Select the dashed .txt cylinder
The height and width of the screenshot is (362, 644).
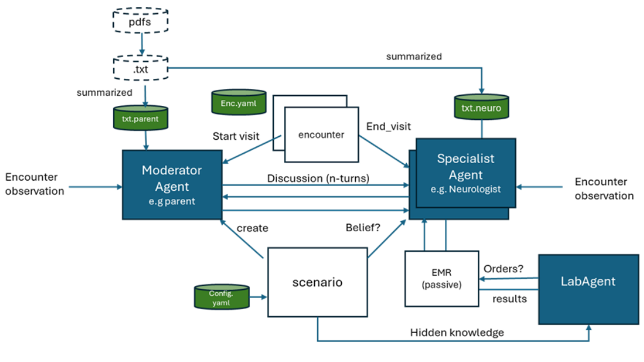pos(140,69)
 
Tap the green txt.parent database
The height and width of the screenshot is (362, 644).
pos(140,118)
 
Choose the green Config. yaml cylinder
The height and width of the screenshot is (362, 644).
pos(221,298)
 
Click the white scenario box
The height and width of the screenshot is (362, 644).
pos(317,282)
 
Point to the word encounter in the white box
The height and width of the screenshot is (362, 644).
pos(321,135)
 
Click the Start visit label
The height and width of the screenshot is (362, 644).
pos(236,136)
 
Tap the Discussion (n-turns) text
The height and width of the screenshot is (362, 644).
pos(318,178)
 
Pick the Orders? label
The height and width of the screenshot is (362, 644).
pos(503,269)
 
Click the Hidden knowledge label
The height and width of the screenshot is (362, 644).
pos(457,332)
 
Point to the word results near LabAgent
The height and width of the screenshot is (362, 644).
pos(510,299)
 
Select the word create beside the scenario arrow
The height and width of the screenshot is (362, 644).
pos(252,228)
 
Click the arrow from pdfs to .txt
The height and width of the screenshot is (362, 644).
pos(141,44)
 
